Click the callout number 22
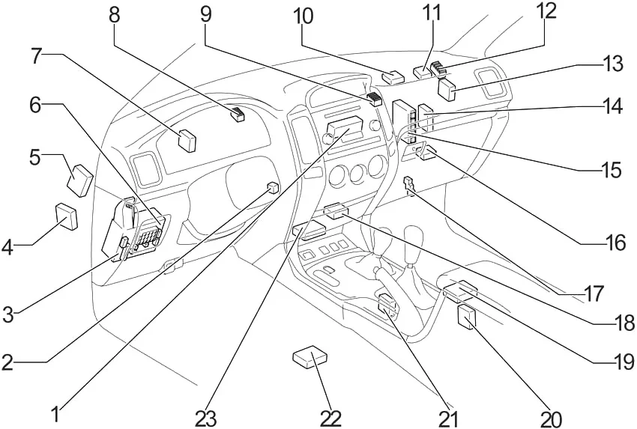coord(330,418)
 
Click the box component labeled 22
coord(310,359)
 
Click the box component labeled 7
coord(187,140)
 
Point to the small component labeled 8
coord(238,115)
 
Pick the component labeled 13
coord(449,90)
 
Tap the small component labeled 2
coord(274,187)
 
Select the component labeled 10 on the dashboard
coord(392,76)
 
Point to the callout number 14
coord(613,108)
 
